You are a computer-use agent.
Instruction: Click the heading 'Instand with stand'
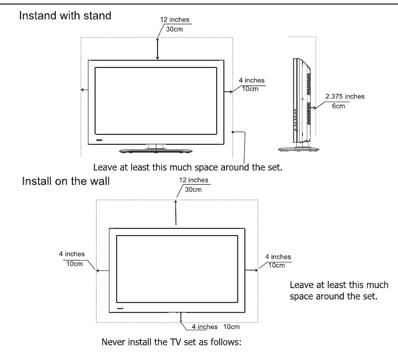(x=65, y=15)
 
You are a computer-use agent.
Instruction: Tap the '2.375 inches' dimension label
(x=345, y=96)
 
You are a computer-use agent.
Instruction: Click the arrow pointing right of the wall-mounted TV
(x=252, y=270)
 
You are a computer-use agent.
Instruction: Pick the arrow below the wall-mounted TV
(x=181, y=317)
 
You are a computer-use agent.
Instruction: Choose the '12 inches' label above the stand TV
(x=175, y=20)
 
